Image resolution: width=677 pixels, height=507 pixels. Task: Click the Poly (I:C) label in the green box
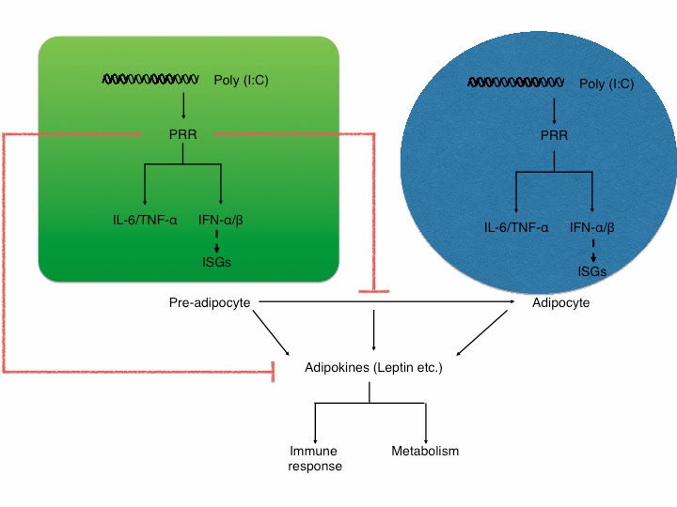241,81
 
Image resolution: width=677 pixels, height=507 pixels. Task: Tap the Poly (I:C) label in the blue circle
606,84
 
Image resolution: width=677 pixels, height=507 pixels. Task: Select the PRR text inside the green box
182,134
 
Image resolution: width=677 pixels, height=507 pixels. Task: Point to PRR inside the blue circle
554,135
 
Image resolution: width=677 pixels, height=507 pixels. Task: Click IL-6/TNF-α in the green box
145,221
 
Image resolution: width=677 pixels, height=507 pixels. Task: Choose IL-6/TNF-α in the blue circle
516,227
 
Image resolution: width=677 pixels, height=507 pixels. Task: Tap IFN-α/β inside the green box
221,221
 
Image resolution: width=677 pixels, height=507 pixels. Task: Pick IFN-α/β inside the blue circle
592,227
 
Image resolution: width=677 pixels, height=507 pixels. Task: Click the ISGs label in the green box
217,262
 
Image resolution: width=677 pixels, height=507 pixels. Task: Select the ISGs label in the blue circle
592,271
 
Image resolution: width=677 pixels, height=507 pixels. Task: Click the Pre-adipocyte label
210,303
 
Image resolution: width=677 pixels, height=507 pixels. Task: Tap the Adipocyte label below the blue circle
560,303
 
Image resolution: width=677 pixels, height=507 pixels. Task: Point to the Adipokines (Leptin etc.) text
373,368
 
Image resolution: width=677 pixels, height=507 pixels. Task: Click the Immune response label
315,458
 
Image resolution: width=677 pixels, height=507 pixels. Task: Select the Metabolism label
425,451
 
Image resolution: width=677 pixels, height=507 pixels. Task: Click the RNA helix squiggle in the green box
150,79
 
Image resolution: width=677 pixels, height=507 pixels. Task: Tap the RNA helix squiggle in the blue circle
515,82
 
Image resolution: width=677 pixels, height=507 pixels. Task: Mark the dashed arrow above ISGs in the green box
217,241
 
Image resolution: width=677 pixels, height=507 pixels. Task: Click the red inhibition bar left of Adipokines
273,372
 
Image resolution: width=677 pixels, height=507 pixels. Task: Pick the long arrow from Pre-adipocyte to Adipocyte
386,301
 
